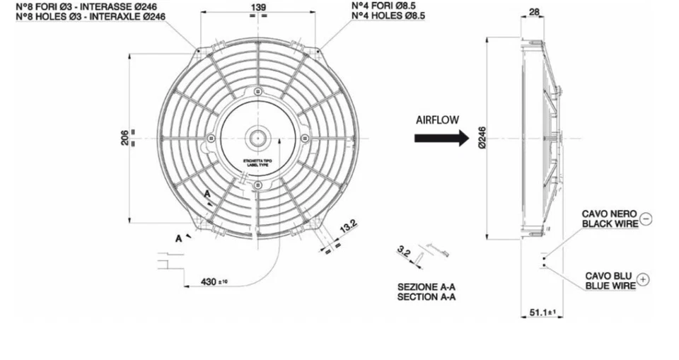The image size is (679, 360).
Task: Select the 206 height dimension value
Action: pyautogui.click(x=125, y=137)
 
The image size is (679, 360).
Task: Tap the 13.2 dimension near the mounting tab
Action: pyautogui.click(x=349, y=226)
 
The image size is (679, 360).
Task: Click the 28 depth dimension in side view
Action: pyautogui.click(x=534, y=12)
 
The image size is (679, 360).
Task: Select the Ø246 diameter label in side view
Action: pyautogui.click(x=482, y=138)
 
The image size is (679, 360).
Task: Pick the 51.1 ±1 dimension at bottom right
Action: pyautogui.click(x=539, y=312)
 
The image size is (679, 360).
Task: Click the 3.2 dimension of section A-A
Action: pyautogui.click(x=404, y=251)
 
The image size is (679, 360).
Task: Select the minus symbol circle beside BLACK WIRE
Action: pyautogui.click(x=646, y=219)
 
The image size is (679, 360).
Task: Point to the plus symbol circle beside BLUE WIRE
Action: pyautogui.click(x=643, y=280)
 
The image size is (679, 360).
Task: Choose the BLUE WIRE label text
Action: pyautogui.click(x=610, y=286)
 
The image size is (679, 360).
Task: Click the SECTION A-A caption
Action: pyautogui.click(x=426, y=297)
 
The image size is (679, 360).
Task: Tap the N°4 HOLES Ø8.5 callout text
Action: pyautogui.click(x=388, y=16)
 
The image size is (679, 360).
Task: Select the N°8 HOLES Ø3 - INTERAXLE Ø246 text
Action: pyautogui.click(x=91, y=16)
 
